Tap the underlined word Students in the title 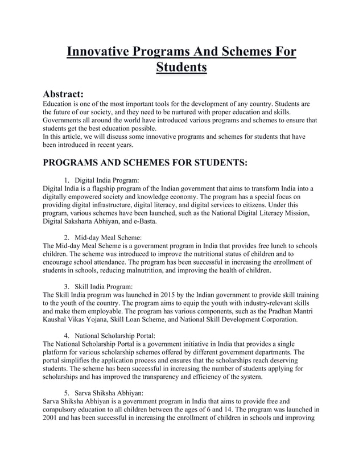(181, 68)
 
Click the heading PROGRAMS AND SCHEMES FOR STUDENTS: (145, 162)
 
